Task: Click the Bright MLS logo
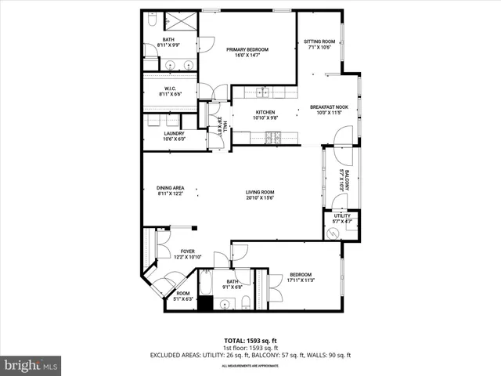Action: (31, 365)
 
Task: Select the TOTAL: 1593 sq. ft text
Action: (250, 341)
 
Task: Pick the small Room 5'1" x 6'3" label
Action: (182, 295)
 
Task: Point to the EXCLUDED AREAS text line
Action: (250, 355)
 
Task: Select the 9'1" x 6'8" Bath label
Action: (232, 284)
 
